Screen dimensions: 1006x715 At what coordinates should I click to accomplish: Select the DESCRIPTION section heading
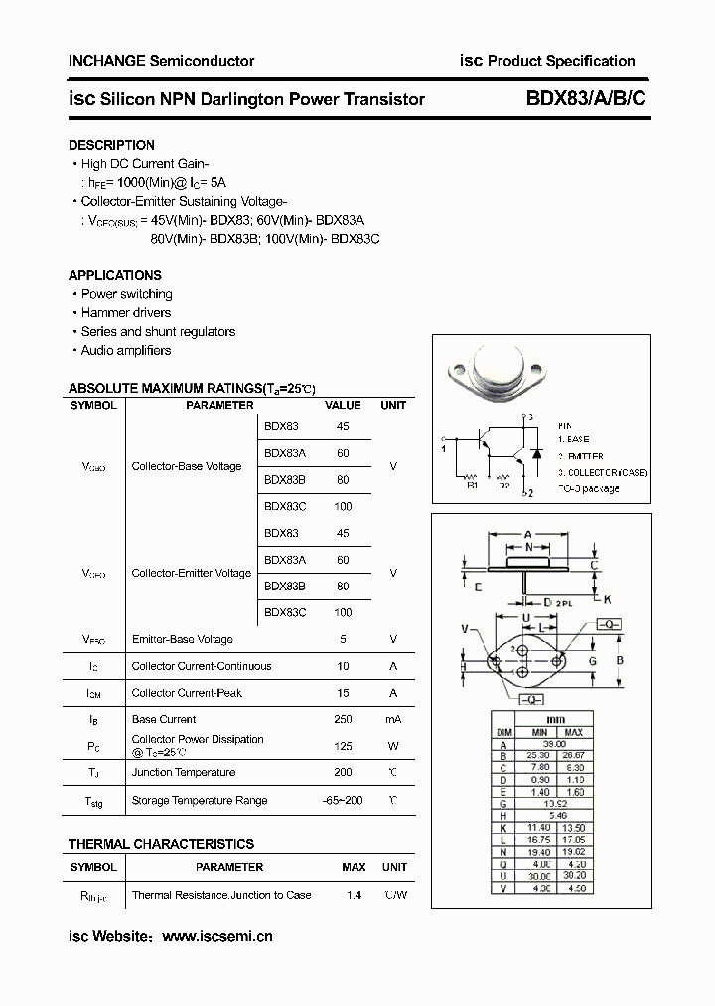point(111,145)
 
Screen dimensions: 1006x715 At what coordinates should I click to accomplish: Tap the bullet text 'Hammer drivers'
point(126,313)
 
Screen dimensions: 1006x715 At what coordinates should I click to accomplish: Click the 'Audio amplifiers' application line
point(126,351)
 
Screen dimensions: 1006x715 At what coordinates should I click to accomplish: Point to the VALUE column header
point(343,406)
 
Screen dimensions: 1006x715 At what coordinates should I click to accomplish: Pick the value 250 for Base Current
point(343,719)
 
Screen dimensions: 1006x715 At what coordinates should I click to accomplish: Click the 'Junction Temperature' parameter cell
point(184,772)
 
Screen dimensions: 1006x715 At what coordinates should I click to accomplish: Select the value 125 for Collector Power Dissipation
point(343,746)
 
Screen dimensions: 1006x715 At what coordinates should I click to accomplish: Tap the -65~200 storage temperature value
point(343,800)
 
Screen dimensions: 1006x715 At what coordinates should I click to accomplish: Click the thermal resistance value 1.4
point(353,895)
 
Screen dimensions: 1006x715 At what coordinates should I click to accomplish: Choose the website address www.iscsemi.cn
point(216,936)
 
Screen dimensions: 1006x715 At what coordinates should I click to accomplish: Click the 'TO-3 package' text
point(588,488)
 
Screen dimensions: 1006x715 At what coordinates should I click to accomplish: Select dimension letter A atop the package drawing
point(528,534)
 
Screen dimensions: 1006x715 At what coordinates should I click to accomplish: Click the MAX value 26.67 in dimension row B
point(573,755)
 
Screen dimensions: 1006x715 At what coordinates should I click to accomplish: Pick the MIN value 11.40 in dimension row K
point(540,827)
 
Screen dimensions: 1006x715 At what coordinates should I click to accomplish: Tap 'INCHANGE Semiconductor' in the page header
point(161,61)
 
